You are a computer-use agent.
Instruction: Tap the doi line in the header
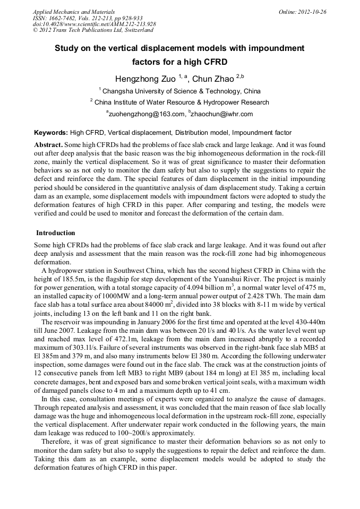pyautogui.click(x=94, y=24)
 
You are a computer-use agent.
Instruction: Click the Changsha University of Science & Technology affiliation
pyautogui.click(x=181, y=91)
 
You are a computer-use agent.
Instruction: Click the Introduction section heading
pyautogui.click(x=56, y=233)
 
